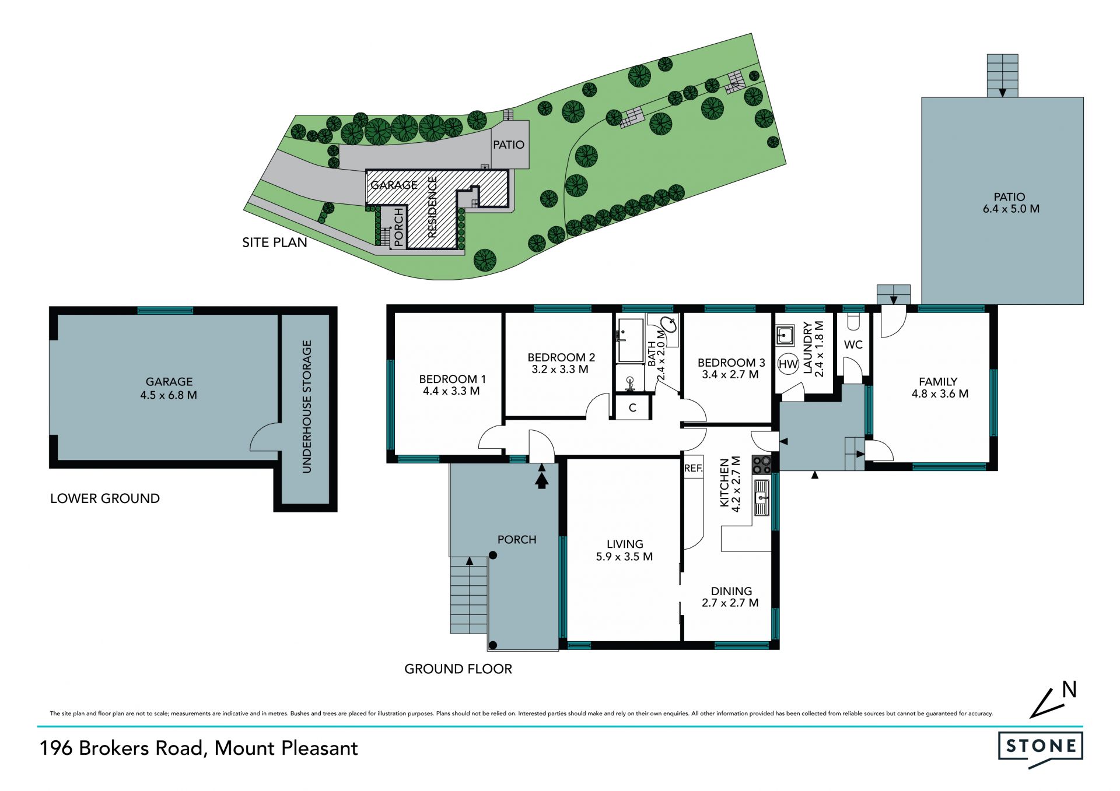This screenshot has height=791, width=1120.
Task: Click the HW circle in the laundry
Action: pyautogui.click(x=788, y=364)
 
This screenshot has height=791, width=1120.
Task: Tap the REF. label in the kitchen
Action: pyautogui.click(x=694, y=468)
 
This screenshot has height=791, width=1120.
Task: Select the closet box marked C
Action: pyautogui.click(x=632, y=407)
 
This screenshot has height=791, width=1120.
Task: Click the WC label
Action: pyautogui.click(x=853, y=344)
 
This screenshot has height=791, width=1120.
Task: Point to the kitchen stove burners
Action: pyautogui.click(x=761, y=465)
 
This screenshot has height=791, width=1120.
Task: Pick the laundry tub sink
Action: pyautogui.click(x=785, y=335)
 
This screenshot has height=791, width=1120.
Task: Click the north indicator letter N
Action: pyautogui.click(x=1069, y=690)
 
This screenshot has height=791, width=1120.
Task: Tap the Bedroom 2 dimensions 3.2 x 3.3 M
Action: pyautogui.click(x=560, y=369)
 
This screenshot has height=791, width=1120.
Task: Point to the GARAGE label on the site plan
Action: pyautogui.click(x=394, y=185)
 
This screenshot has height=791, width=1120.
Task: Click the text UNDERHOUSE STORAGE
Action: pyautogui.click(x=307, y=406)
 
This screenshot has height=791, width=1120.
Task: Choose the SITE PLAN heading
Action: pyautogui.click(x=275, y=242)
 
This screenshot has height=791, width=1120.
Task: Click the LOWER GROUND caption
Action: pyautogui.click(x=105, y=498)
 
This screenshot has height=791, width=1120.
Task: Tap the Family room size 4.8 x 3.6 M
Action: pyautogui.click(x=940, y=393)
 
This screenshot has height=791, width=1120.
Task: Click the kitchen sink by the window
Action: pyautogui.click(x=761, y=498)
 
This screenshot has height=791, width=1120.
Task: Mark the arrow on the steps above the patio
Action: pyautogui.click(x=1002, y=92)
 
